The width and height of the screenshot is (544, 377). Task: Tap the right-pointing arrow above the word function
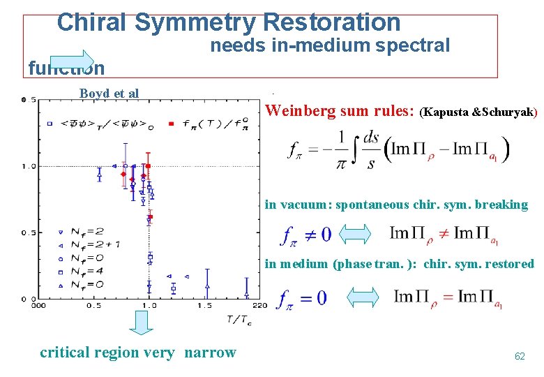73,61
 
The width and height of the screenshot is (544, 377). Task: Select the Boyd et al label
109,94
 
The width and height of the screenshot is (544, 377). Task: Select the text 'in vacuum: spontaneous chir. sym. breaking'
396,205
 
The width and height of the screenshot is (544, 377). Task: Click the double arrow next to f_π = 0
363,297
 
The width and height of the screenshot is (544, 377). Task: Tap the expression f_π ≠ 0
305,235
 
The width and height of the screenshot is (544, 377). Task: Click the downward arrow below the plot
143,323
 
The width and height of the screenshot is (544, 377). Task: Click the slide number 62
519,356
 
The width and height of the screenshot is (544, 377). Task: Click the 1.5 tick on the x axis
204,306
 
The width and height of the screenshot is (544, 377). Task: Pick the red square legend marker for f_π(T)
172,124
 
